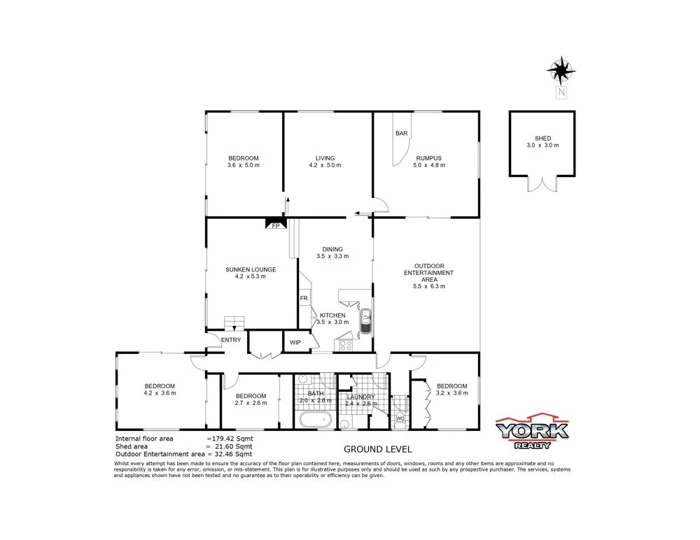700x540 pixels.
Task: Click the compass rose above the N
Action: [x=561, y=70]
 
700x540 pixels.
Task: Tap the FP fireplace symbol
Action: [x=275, y=225]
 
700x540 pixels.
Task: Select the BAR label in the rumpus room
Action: [x=401, y=133]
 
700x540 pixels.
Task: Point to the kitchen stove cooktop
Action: [x=346, y=343]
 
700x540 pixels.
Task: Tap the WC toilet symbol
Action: [x=400, y=418]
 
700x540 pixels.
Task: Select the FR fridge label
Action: [x=304, y=299]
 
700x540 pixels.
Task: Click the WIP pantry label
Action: [x=295, y=343]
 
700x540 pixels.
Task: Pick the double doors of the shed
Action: [x=542, y=183]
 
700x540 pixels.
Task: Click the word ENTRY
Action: [x=231, y=340]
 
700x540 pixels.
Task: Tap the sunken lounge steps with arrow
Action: [x=234, y=322]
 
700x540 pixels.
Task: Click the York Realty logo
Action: [x=532, y=433]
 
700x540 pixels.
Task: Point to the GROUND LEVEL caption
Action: [x=377, y=449]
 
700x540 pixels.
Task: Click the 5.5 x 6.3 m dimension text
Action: [x=429, y=286]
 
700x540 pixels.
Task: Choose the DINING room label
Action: [x=332, y=249]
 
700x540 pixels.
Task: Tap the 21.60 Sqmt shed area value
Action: [x=230, y=446]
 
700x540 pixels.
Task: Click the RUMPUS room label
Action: [x=428, y=158]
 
